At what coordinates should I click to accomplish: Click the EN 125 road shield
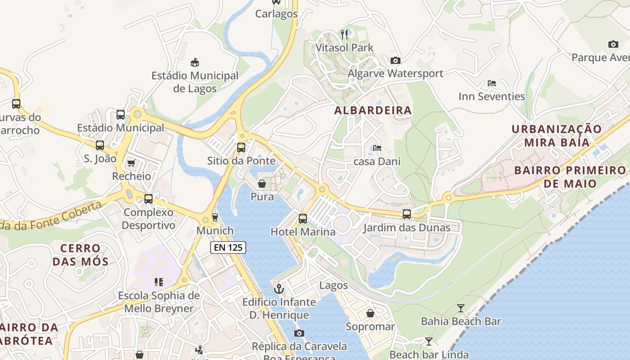point(228,247)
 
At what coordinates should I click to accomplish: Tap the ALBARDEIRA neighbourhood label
point(373,110)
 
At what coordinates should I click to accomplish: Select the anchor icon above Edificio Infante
point(279,288)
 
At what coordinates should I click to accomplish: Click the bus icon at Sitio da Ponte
point(241,147)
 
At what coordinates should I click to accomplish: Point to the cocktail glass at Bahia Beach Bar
point(461,308)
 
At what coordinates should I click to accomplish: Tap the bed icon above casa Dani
point(377,148)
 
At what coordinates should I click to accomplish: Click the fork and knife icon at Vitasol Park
point(344,34)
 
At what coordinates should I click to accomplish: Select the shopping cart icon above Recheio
point(131,163)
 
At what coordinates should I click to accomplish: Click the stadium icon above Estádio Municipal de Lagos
point(195,62)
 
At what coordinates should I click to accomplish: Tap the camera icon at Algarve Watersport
point(396,60)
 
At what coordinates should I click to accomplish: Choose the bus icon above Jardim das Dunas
point(407,214)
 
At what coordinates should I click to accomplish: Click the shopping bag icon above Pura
point(262,184)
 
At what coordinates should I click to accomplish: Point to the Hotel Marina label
point(303,232)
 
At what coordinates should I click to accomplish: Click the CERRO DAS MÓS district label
point(80,255)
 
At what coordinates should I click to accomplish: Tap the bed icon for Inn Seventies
point(492,83)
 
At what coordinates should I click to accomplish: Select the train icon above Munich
point(215,217)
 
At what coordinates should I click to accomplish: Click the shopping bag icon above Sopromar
point(370,313)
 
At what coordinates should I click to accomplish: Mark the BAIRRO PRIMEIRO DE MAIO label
point(570,177)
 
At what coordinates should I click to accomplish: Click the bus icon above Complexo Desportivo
point(148,199)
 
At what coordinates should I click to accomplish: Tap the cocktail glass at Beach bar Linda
point(429,342)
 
